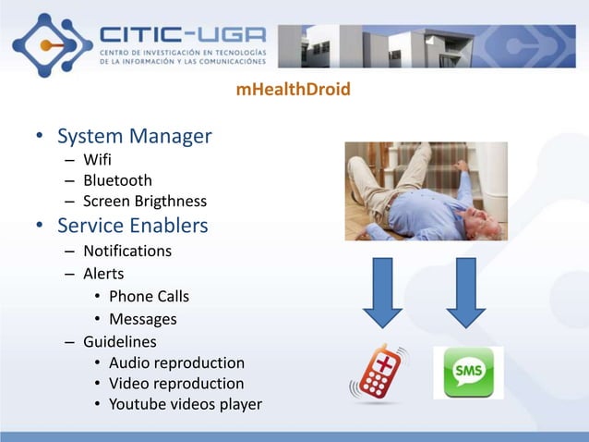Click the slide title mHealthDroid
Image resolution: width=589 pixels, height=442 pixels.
click(x=294, y=91)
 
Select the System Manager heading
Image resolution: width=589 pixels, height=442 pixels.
click(x=134, y=137)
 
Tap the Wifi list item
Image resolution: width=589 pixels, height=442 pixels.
click(x=97, y=160)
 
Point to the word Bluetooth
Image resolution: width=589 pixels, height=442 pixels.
click(x=117, y=180)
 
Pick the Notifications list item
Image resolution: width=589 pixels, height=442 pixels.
click(x=126, y=251)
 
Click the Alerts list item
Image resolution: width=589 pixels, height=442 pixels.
click(x=103, y=274)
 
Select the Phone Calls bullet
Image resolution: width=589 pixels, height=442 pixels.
click(x=149, y=296)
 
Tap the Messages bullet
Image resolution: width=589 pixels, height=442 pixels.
click(x=142, y=319)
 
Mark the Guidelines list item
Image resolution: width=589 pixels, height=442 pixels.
click(x=120, y=341)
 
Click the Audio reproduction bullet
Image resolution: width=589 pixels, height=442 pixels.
click(x=176, y=362)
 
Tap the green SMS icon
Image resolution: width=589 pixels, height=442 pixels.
click(x=468, y=372)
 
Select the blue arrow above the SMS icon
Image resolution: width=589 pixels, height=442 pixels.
click(x=465, y=291)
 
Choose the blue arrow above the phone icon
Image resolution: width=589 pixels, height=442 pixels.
click(x=382, y=291)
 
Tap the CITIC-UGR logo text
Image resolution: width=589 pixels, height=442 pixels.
click(x=182, y=33)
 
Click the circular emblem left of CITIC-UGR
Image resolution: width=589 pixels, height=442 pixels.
click(x=52, y=43)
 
